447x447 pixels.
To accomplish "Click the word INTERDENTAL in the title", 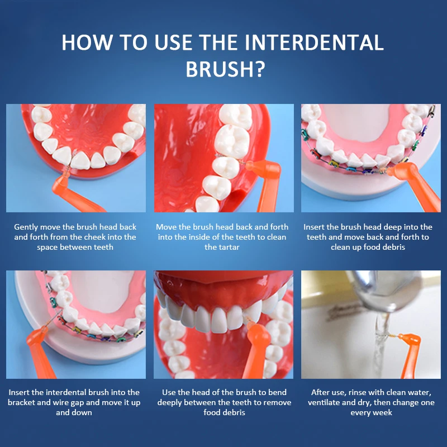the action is [314, 42].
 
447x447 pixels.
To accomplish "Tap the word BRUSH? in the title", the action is [225, 69].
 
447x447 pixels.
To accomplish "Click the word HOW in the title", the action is [87, 42].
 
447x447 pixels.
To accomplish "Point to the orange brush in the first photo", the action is [74, 194].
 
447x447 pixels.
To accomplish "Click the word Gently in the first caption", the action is [26, 227].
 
